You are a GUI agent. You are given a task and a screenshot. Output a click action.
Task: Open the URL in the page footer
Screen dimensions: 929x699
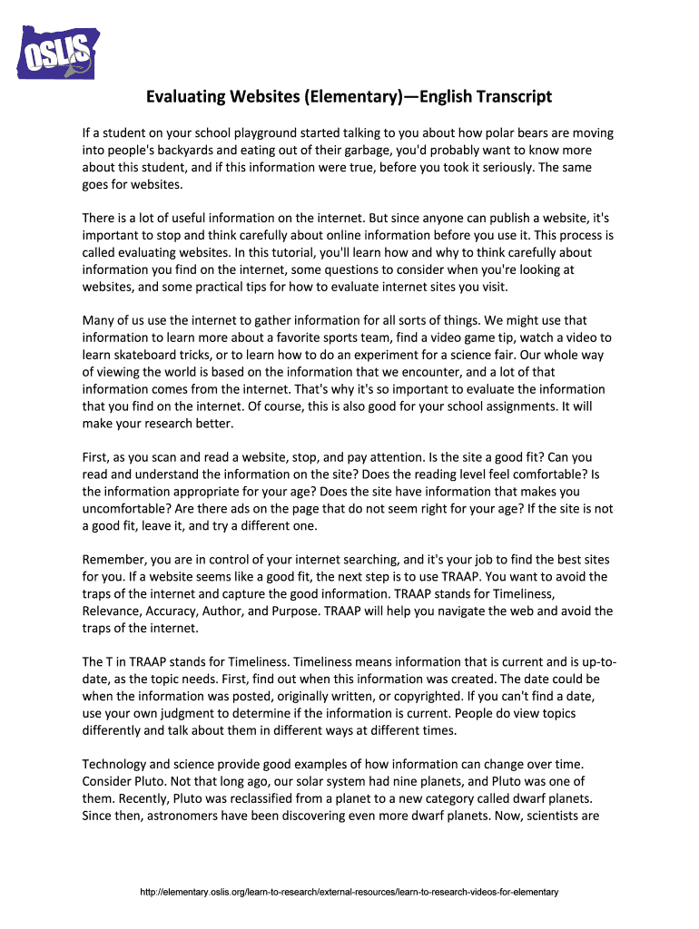(x=349, y=893)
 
